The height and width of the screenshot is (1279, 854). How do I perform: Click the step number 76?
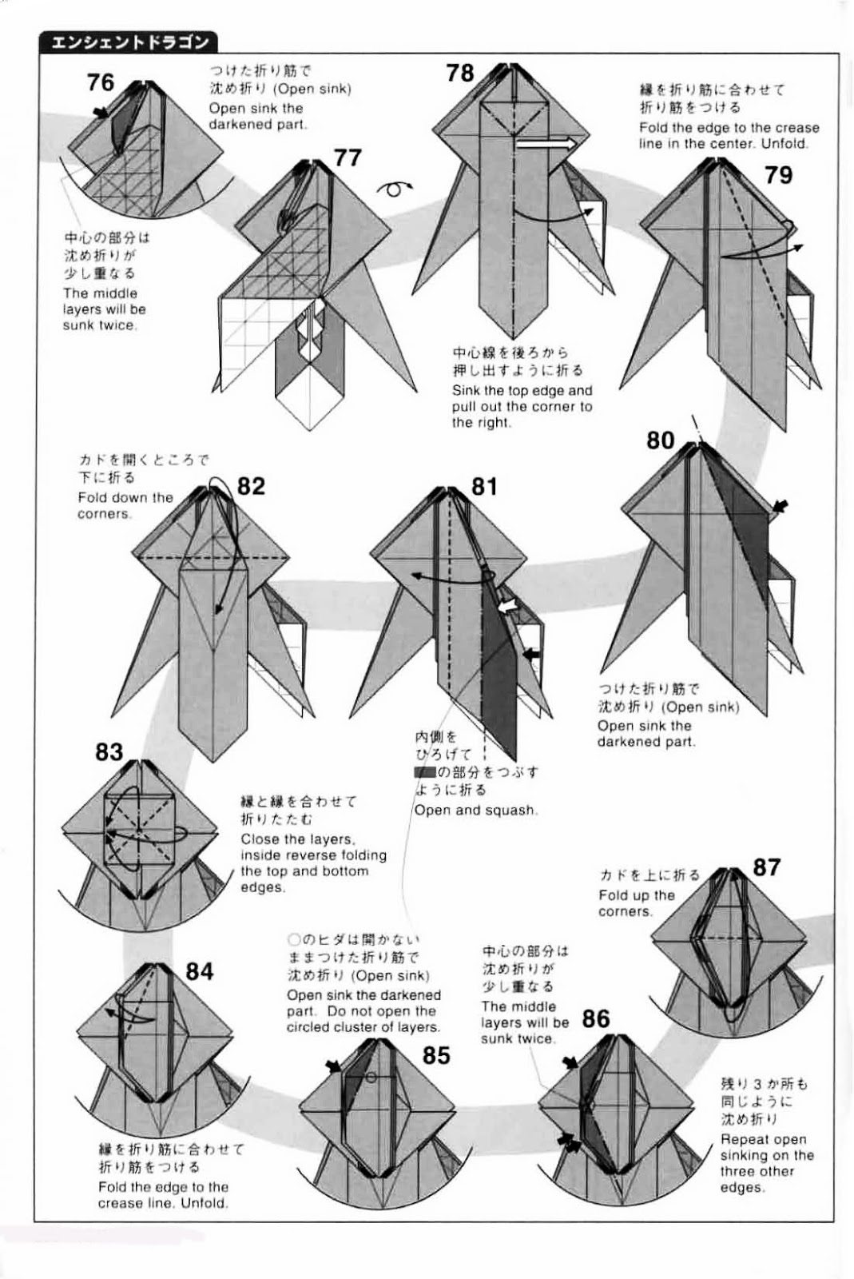(x=101, y=82)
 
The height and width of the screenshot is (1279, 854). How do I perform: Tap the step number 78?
(x=460, y=73)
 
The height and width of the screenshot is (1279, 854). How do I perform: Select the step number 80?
(x=661, y=440)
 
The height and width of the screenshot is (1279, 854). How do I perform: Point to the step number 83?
(x=109, y=752)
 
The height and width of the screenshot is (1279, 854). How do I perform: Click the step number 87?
(x=766, y=867)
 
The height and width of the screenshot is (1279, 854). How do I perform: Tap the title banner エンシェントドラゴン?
(x=129, y=42)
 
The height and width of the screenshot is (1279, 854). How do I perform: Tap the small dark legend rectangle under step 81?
(x=424, y=772)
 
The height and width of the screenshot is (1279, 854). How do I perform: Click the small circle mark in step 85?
(x=371, y=1078)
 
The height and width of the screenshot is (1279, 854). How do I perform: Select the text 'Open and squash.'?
(x=475, y=810)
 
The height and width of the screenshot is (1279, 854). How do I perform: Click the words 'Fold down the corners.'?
(x=125, y=505)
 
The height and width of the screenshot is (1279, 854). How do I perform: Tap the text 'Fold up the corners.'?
(x=637, y=903)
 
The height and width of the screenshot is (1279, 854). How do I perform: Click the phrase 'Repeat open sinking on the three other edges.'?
(x=766, y=1163)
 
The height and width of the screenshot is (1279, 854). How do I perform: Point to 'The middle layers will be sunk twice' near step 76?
(x=104, y=309)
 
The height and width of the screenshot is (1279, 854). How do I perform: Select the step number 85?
(x=436, y=1055)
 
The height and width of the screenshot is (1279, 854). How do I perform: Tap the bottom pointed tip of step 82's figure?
(x=211, y=760)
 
